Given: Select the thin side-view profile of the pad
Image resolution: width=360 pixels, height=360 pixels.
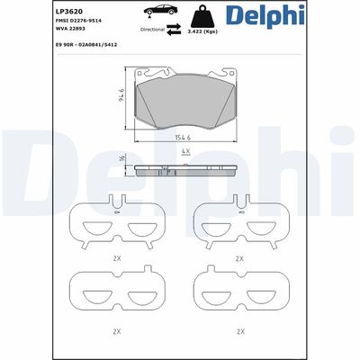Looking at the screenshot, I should [x=184, y=170].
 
